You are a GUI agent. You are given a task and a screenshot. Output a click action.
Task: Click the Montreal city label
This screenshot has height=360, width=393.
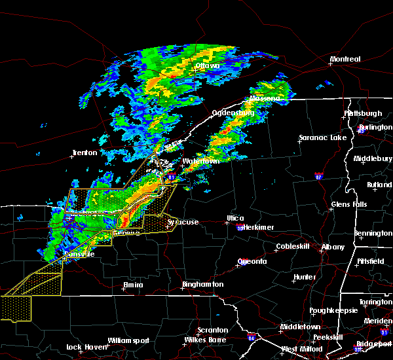click(345, 60)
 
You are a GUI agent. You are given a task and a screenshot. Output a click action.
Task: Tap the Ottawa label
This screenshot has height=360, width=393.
click(208, 66)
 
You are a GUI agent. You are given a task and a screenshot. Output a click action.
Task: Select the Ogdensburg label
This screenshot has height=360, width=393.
click(233, 113)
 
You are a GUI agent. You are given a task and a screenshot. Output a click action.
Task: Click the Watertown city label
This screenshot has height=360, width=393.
click(200, 161)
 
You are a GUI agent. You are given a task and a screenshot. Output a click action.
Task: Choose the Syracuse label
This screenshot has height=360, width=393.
click(183, 223)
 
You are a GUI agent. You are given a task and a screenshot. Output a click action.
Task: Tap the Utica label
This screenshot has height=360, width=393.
click(236, 218)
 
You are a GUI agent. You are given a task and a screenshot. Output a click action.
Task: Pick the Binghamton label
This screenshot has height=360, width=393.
click(202, 285)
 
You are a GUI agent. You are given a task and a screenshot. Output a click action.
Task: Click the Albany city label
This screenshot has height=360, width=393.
click(332, 247)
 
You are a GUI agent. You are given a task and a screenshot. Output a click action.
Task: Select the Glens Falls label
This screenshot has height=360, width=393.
click(349, 204)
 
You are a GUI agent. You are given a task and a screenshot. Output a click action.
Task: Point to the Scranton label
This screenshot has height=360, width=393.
click(213, 330)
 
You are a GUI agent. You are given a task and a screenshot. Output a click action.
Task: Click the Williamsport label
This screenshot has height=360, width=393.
click(128, 340)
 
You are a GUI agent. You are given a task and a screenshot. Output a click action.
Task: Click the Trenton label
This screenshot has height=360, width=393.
click(84, 153)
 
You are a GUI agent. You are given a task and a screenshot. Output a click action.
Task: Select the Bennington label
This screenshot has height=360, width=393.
click(373, 233)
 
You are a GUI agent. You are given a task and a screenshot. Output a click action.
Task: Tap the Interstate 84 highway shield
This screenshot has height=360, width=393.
click(253, 338)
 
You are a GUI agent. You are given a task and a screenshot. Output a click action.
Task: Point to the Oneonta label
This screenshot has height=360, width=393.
click(252, 261)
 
